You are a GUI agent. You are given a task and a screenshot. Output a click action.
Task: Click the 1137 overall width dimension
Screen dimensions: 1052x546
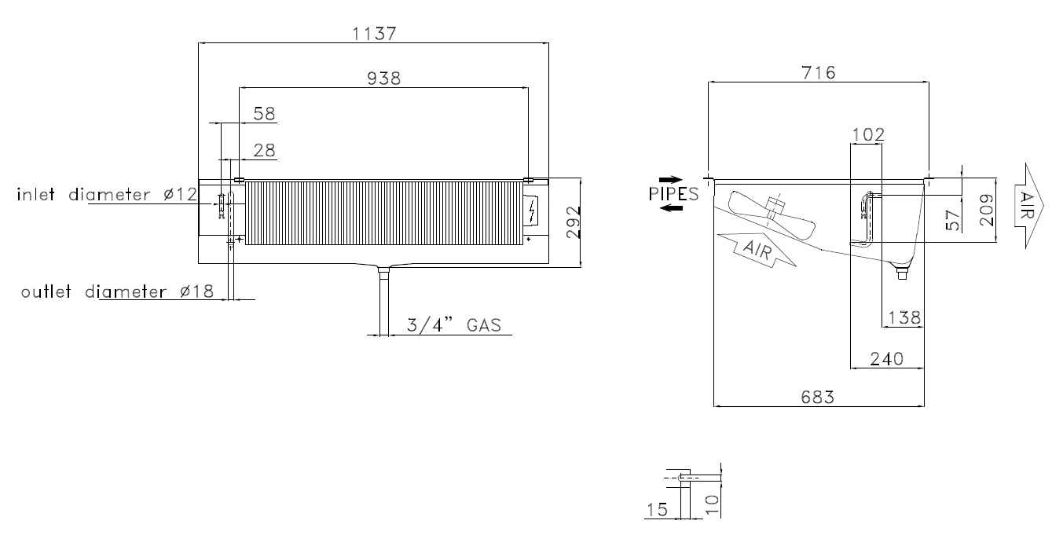(374, 34)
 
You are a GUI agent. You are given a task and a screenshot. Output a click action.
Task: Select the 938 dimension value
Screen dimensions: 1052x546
(383, 79)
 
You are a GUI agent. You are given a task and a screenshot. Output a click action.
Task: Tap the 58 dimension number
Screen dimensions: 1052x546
(264, 114)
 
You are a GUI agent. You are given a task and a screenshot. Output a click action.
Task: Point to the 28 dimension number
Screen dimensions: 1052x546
(264, 150)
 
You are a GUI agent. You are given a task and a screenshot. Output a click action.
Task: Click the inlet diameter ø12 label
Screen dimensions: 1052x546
(107, 194)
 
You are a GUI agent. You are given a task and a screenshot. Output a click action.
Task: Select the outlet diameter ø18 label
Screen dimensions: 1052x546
(117, 292)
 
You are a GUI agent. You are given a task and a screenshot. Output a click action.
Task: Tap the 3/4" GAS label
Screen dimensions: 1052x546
(453, 325)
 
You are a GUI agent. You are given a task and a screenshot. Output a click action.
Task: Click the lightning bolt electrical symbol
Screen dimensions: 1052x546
(532, 211)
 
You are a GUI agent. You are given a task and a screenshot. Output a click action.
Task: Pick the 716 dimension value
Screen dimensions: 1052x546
(819, 73)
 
